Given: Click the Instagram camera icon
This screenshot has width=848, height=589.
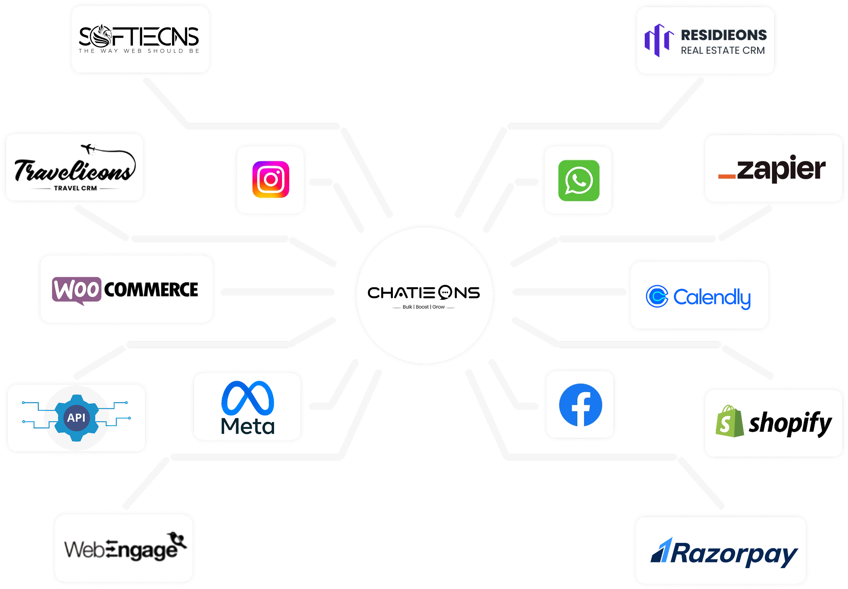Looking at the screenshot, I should click(x=271, y=179).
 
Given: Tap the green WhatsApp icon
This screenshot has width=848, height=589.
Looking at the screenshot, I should click(x=578, y=181).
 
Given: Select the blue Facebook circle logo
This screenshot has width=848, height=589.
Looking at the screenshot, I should click(x=580, y=405).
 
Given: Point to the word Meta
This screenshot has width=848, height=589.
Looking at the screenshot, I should click(x=247, y=426).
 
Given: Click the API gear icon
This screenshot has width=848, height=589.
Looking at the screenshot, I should click(x=76, y=418).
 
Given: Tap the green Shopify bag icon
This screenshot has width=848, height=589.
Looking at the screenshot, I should click(x=729, y=422).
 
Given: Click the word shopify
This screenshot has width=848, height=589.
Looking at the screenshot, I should click(x=790, y=423).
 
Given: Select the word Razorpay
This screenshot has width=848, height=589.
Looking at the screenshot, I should click(x=734, y=554).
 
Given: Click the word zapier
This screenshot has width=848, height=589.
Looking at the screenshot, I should click(x=781, y=169).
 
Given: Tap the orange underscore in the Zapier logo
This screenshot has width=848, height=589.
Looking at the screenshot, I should click(x=727, y=177).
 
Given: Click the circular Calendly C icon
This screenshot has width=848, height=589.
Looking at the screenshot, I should click(x=657, y=297).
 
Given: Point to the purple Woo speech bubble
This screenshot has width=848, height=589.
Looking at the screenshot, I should click(x=76, y=290).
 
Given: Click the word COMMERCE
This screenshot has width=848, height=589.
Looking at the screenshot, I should click(x=151, y=290).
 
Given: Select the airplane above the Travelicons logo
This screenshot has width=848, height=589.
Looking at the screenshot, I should click(x=89, y=148).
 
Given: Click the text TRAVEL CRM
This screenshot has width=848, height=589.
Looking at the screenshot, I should click(x=76, y=188).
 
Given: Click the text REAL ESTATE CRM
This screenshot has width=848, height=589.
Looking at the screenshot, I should click(x=723, y=51).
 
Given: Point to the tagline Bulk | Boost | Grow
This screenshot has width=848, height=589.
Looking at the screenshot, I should click(x=423, y=307).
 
